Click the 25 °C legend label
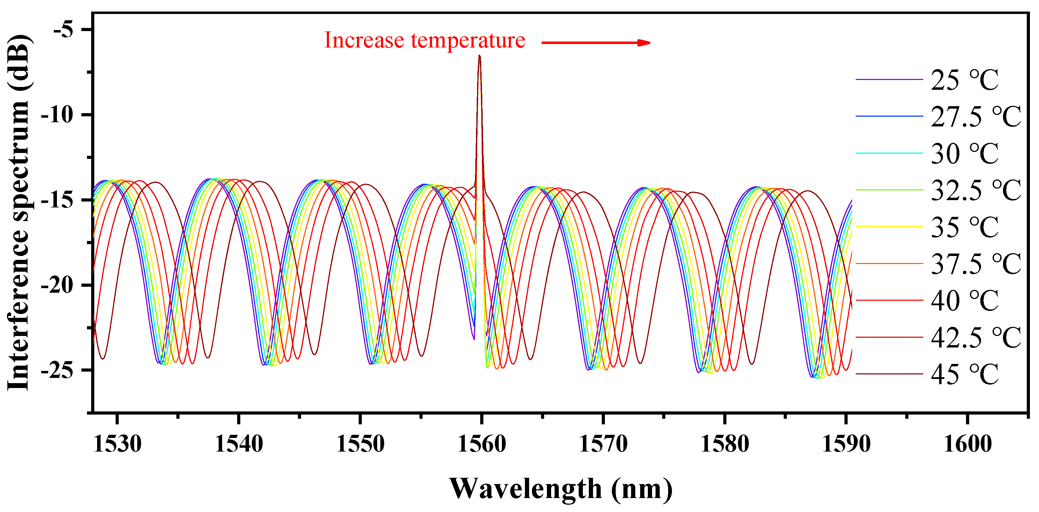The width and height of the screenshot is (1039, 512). [x=964, y=80]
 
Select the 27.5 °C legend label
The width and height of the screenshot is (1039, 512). [x=976, y=117]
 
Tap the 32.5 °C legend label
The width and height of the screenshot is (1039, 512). [x=976, y=190]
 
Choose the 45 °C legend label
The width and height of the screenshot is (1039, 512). [x=964, y=374]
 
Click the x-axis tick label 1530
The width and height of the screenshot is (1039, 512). [x=117, y=444]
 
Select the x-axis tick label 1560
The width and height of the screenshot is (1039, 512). [x=482, y=444]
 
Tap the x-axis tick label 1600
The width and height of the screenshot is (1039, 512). [x=967, y=444]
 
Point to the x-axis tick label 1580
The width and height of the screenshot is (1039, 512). [x=725, y=444]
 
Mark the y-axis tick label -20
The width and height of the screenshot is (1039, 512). [x=57, y=285]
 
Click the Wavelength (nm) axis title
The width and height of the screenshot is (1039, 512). [x=561, y=489]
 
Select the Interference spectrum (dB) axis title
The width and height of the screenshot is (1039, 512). [x=19, y=213]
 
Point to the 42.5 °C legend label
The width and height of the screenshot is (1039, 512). [x=976, y=337]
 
